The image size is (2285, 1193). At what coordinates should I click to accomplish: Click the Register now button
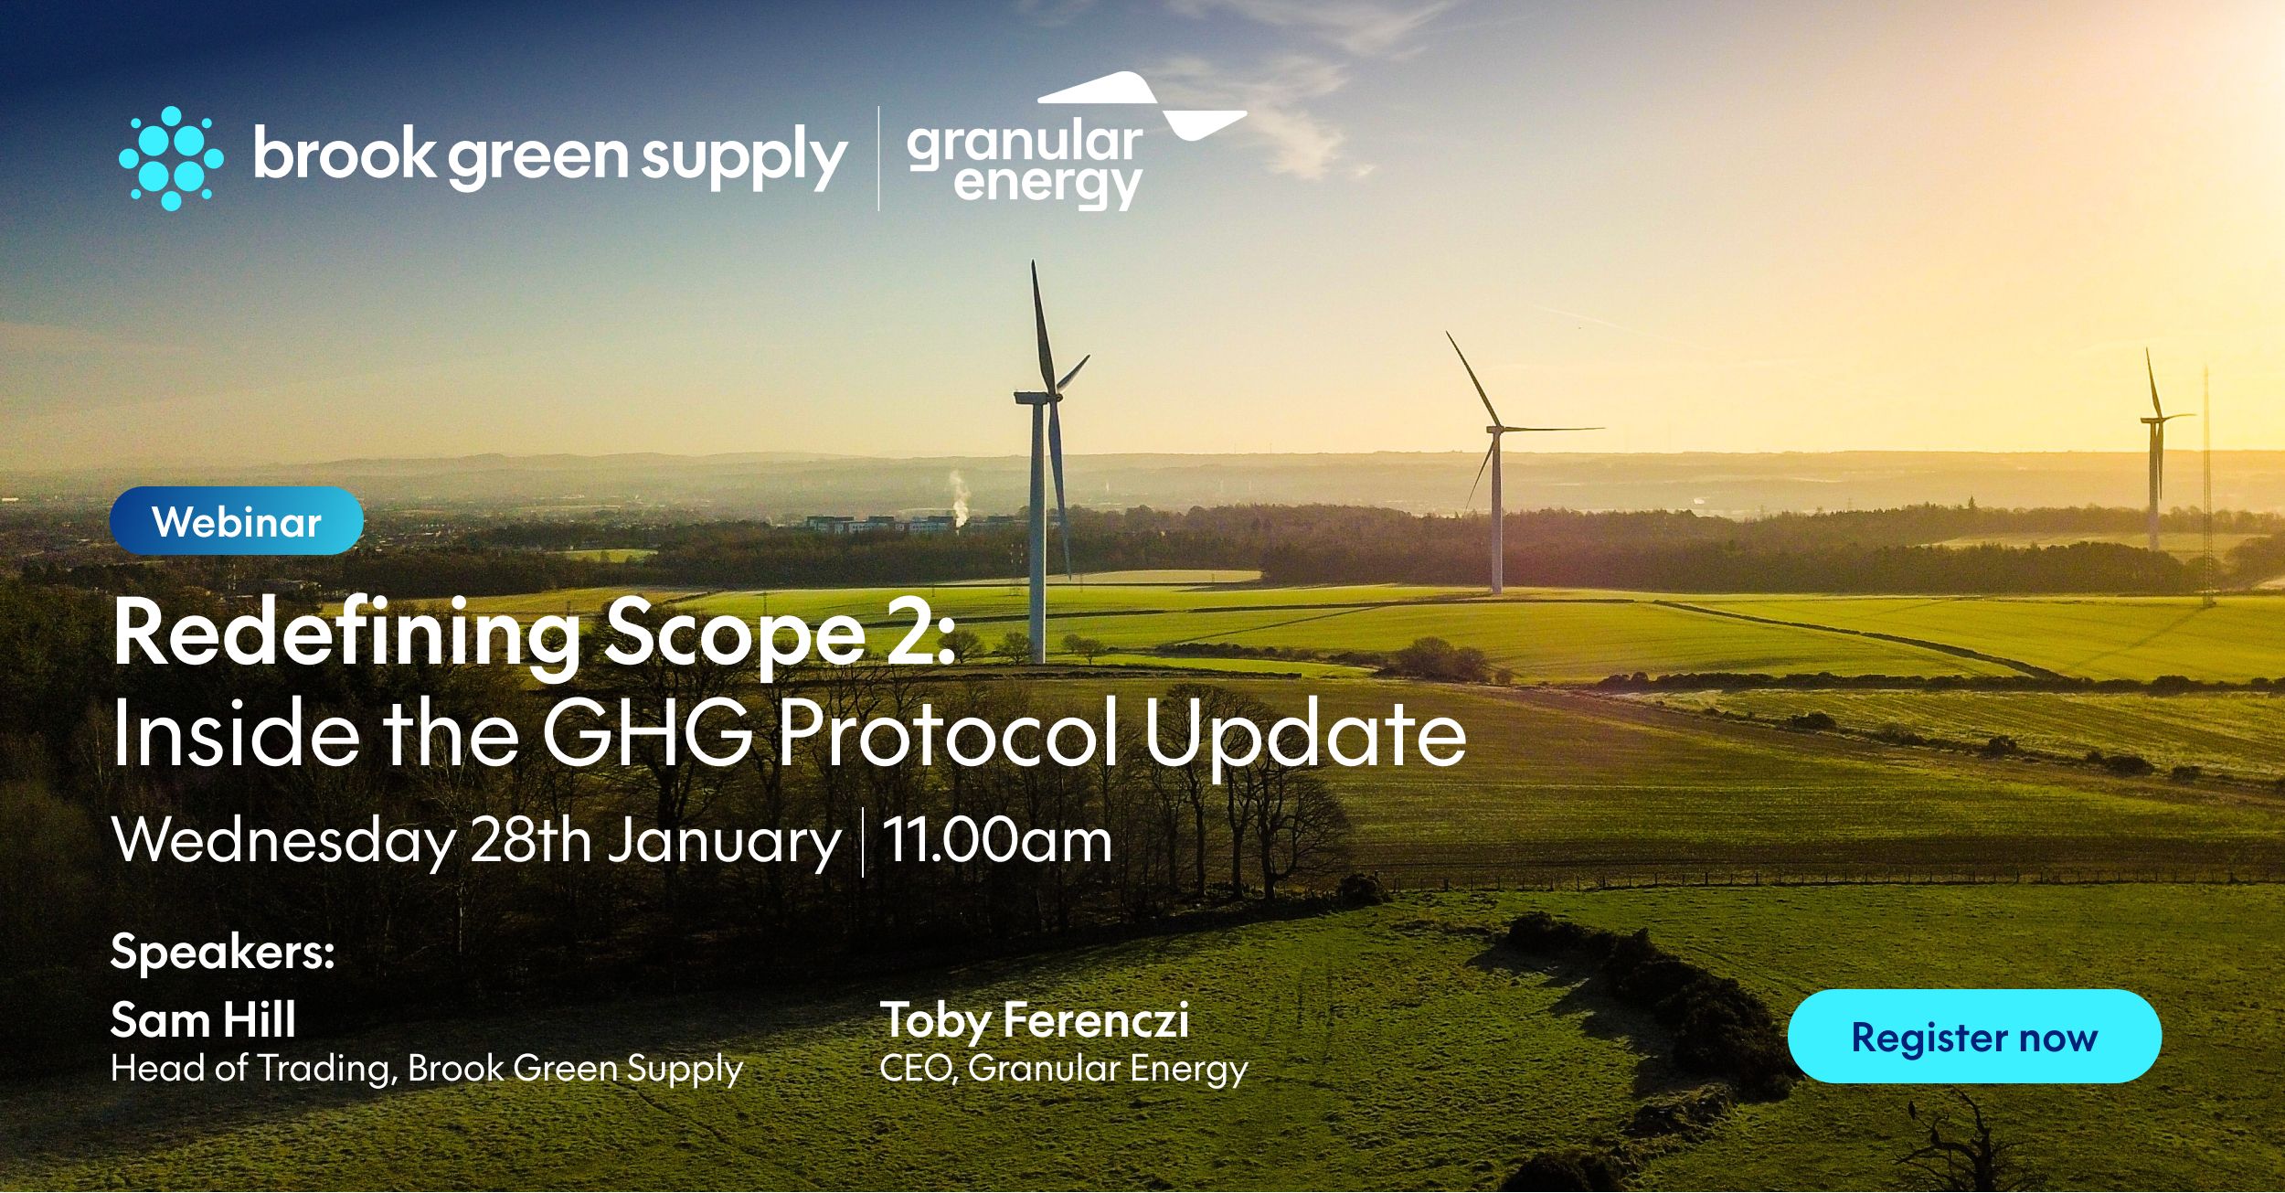pyautogui.click(x=1973, y=1038)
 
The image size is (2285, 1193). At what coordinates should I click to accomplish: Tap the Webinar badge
pyautogui.click(x=237, y=522)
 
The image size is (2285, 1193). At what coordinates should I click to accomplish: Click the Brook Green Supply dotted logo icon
pyautogui.click(x=171, y=158)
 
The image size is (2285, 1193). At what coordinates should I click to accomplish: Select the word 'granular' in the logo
pyautogui.click(x=1024, y=143)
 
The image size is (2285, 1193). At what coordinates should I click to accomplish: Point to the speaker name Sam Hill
pyautogui.click(x=203, y=1020)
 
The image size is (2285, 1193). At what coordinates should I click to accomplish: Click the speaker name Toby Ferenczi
pyautogui.click(x=1034, y=1020)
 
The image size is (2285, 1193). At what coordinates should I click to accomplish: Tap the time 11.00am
pyautogui.click(x=997, y=840)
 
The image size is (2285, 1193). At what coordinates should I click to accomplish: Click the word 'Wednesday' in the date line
pyautogui.click(x=284, y=840)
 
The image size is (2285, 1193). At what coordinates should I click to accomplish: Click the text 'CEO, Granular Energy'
pyautogui.click(x=1063, y=1069)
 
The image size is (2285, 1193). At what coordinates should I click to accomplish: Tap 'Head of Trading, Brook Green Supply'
pyautogui.click(x=427, y=1069)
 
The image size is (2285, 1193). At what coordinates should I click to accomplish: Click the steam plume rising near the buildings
pyautogui.click(x=958, y=498)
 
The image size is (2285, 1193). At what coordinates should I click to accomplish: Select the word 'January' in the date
pyautogui.click(x=724, y=842)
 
